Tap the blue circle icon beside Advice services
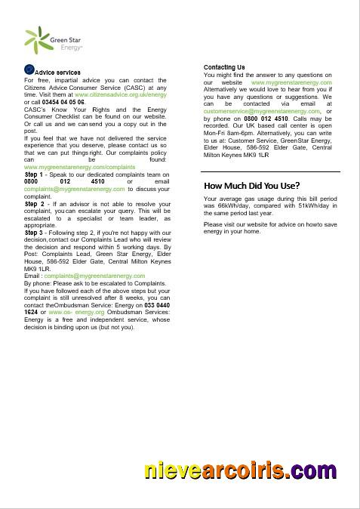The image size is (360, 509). (x=29, y=70)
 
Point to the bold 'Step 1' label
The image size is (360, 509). (x=35, y=174)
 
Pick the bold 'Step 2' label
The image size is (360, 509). (x=35, y=204)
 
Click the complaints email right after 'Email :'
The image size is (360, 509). (x=94, y=276)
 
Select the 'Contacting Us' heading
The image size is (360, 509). (x=224, y=68)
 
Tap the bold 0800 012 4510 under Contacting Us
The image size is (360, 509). (x=266, y=119)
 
